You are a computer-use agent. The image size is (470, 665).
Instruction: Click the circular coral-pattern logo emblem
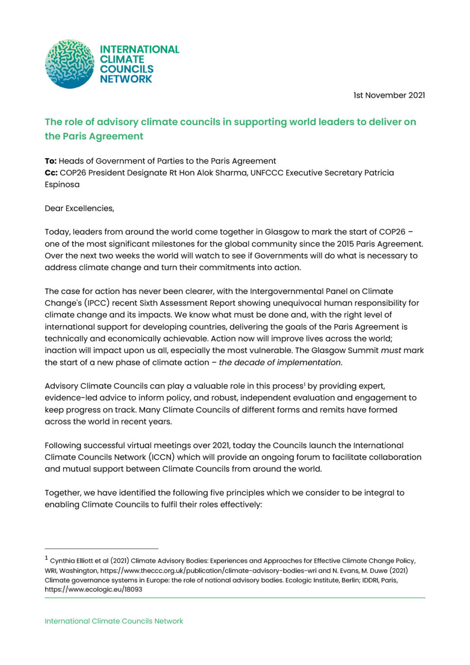69,64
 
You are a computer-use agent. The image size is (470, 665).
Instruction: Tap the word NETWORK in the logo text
126,79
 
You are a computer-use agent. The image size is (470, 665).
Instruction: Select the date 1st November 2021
389,95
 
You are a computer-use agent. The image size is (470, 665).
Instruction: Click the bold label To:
50,161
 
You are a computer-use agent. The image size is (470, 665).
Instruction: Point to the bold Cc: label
51,173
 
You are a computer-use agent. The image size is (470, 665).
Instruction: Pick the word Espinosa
62,184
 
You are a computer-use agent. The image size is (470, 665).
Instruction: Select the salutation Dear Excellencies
79,208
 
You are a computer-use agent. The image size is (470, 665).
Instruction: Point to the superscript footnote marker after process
304,384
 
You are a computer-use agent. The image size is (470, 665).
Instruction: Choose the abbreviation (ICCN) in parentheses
161,457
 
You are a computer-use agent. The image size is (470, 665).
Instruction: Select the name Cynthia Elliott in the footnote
71,561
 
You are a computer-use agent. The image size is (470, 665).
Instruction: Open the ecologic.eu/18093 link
93,589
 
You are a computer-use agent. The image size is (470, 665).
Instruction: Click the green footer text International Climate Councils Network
114,621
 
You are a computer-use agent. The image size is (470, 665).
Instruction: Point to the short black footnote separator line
101,549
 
